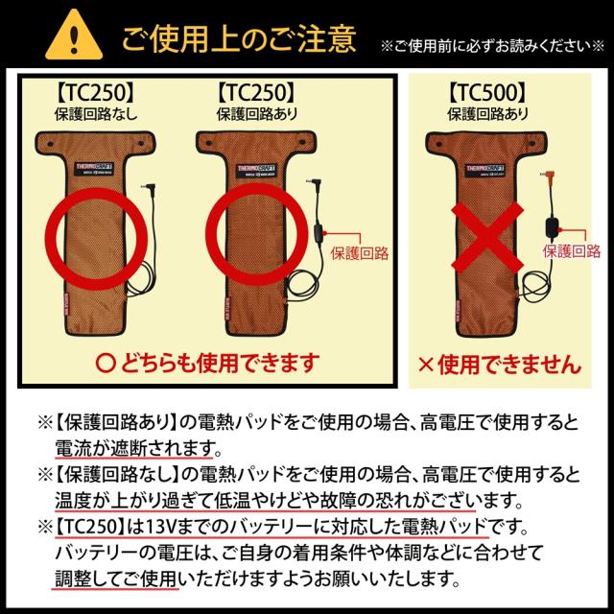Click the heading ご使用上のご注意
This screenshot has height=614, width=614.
237,38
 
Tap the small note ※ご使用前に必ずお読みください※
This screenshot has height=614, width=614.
493,44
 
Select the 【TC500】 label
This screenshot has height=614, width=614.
486,94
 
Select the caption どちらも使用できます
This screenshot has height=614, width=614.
206,363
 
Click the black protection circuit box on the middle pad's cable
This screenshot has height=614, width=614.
318,236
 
